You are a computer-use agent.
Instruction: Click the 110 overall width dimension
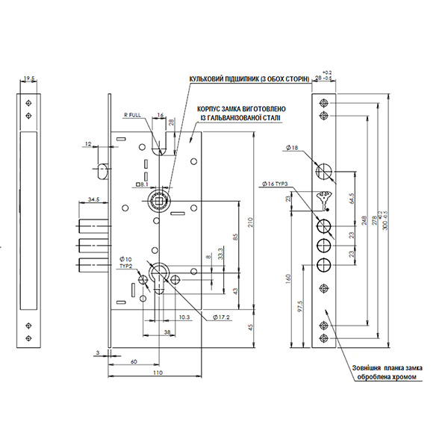158,373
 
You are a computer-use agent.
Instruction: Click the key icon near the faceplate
324,200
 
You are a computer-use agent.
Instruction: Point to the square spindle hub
158,199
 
